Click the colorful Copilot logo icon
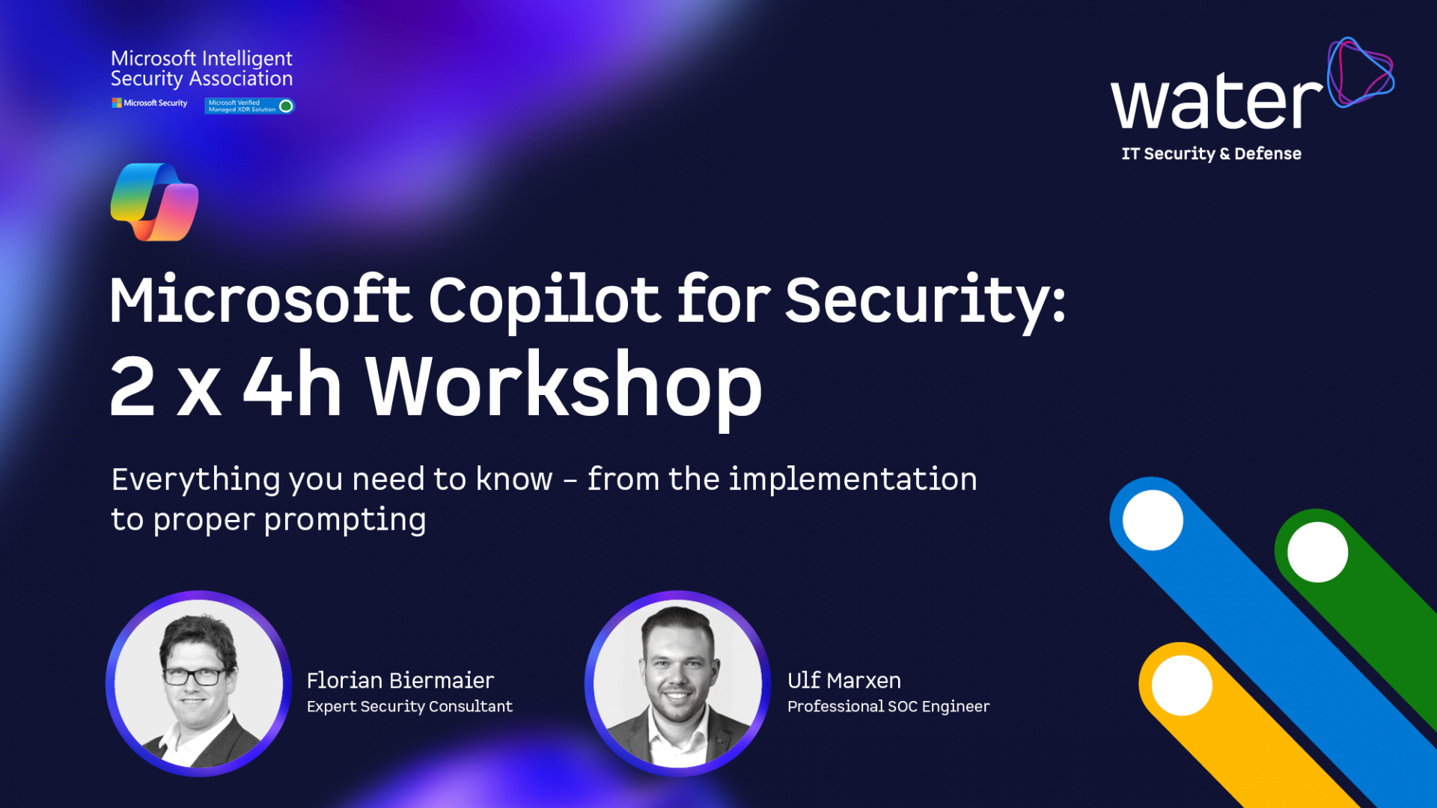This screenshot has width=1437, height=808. tap(155, 202)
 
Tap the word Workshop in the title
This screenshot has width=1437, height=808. tap(564, 388)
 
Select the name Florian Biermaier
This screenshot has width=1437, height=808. tap(400, 680)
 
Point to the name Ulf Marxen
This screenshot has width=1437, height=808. tap(844, 680)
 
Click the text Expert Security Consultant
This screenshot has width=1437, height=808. tap(409, 706)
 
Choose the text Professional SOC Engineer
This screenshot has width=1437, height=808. tap(888, 706)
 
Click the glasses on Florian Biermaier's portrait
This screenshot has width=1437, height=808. tap(193, 676)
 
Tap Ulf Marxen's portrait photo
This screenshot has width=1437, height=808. tap(677, 684)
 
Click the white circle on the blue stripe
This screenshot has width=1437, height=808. tap(1153, 520)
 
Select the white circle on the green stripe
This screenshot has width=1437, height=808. tap(1317, 552)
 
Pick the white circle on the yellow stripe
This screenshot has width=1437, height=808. tap(1182, 685)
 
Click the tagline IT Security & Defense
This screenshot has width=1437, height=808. tap(1211, 153)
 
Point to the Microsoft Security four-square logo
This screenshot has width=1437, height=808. tap(117, 102)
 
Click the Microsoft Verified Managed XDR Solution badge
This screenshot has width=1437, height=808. tap(249, 105)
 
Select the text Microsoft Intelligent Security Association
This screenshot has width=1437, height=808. tap(201, 69)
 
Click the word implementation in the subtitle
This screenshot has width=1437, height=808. tap(853, 479)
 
